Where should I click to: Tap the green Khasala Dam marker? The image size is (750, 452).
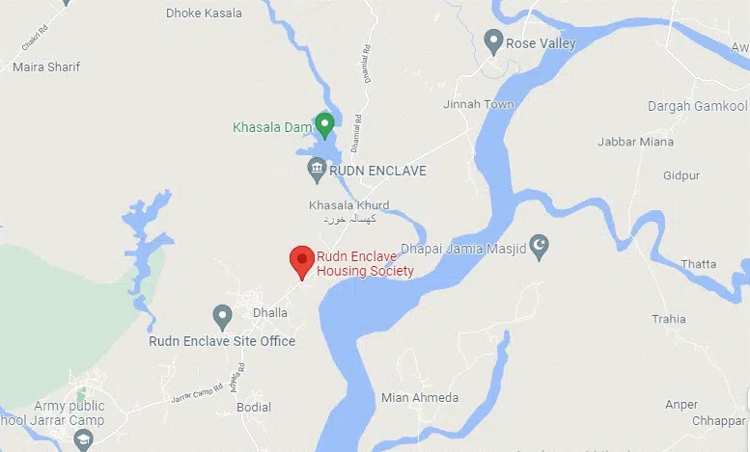(325, 124)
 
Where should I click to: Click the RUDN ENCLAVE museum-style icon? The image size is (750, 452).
(317, 171)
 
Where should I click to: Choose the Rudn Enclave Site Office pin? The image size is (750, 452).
(222, 315)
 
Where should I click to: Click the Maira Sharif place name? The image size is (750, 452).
(46, 66)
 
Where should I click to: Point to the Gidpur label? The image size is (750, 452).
(681, 175)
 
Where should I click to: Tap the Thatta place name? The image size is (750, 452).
(698, 264)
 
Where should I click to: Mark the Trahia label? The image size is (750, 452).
(668, 319)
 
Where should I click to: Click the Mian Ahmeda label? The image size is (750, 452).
(420, 397)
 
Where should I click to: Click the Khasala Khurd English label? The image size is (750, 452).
(348, 205)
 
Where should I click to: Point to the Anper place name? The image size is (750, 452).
(681, 404)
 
